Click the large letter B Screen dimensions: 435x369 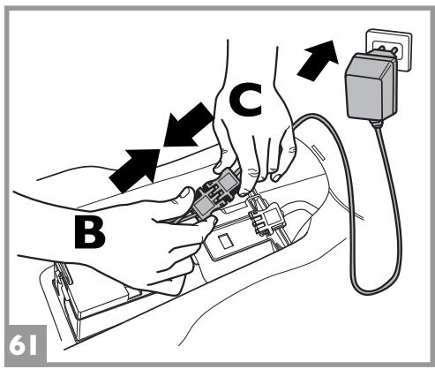tap(89, 232)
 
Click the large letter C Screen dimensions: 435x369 tap(245, 100)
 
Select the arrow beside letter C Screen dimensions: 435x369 tap(188, 125)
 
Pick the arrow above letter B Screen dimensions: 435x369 tap(135, 170)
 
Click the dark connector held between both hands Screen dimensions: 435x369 tap(216, 193)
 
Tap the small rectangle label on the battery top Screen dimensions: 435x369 tap(226, 240)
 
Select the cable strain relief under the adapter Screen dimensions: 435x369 tap(377, 124)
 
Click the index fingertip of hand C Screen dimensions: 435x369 tap(245, 192)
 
